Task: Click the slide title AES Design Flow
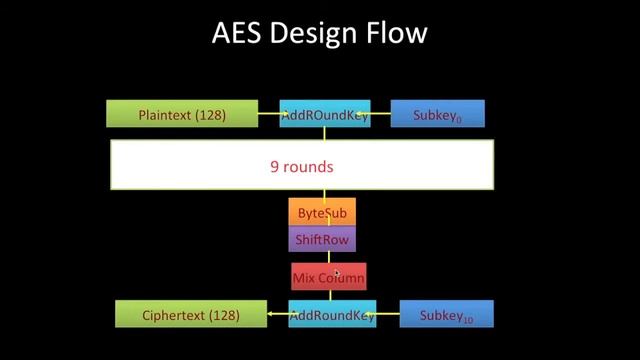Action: point(320,34)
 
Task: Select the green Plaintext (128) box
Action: point(181,115)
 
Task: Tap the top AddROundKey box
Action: point(324,115)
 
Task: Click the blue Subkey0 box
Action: point(437,115)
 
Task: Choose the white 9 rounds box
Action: point(301,165)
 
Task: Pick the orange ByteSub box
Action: point(322,213)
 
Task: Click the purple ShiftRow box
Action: point(322,240)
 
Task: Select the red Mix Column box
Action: point(328,277)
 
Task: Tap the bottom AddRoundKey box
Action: point(332,315)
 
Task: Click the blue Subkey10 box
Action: point(446,315)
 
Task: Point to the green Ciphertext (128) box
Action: point(190,315)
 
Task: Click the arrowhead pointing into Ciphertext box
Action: point(271,315)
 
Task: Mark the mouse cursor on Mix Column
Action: point(336,273)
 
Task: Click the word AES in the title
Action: point(238,34)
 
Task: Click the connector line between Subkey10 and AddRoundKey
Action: point(388,315)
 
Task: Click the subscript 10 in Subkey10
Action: point(467,320)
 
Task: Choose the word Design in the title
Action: point(317,34)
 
